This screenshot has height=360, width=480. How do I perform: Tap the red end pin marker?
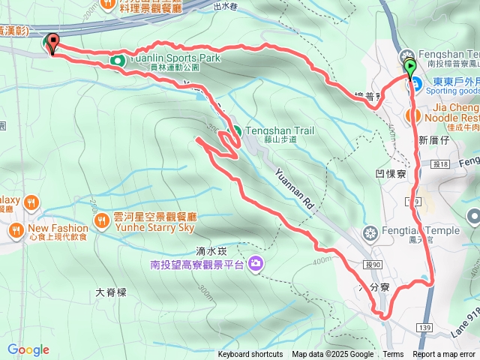coord(52,43)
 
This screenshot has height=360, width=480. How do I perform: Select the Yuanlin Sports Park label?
coord(173,57)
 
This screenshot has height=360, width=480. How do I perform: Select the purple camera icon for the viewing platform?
coord(256,263)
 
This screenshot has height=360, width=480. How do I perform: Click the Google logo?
coord(28,349)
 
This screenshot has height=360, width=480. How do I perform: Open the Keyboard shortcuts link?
coord(250,355)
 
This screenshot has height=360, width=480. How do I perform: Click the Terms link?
coord(393,355)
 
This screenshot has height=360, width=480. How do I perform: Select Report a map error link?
coord(444,355)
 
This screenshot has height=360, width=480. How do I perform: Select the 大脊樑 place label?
coord(111,292)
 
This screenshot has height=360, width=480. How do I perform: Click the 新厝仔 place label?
coord(433,140)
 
